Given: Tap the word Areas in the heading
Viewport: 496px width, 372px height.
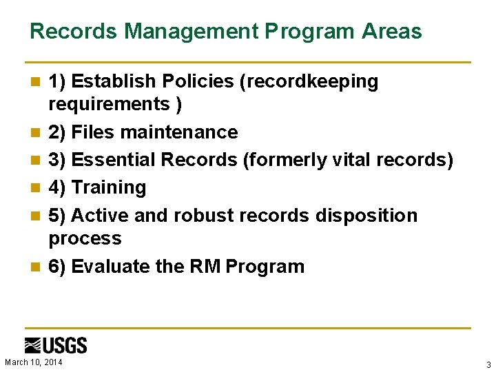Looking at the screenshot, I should click(x=393, y=31).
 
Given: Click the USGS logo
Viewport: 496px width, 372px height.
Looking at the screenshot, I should click(x=56, y=345).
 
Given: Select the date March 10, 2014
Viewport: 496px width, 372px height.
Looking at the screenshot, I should click(x=33, y=362).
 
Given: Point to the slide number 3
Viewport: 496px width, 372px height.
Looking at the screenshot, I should click(x=488, y=364).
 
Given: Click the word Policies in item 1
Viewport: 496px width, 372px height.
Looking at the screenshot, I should click(x=199, y=81).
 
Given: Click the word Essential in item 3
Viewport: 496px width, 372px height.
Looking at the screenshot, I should click(x=114, y=160).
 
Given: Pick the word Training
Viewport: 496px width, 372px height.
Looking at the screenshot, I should click(x=109, y=187).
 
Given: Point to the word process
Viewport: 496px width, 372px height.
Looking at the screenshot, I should click(x=85, y=238).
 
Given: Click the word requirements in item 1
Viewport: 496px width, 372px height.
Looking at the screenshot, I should click(x=109, y=104).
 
